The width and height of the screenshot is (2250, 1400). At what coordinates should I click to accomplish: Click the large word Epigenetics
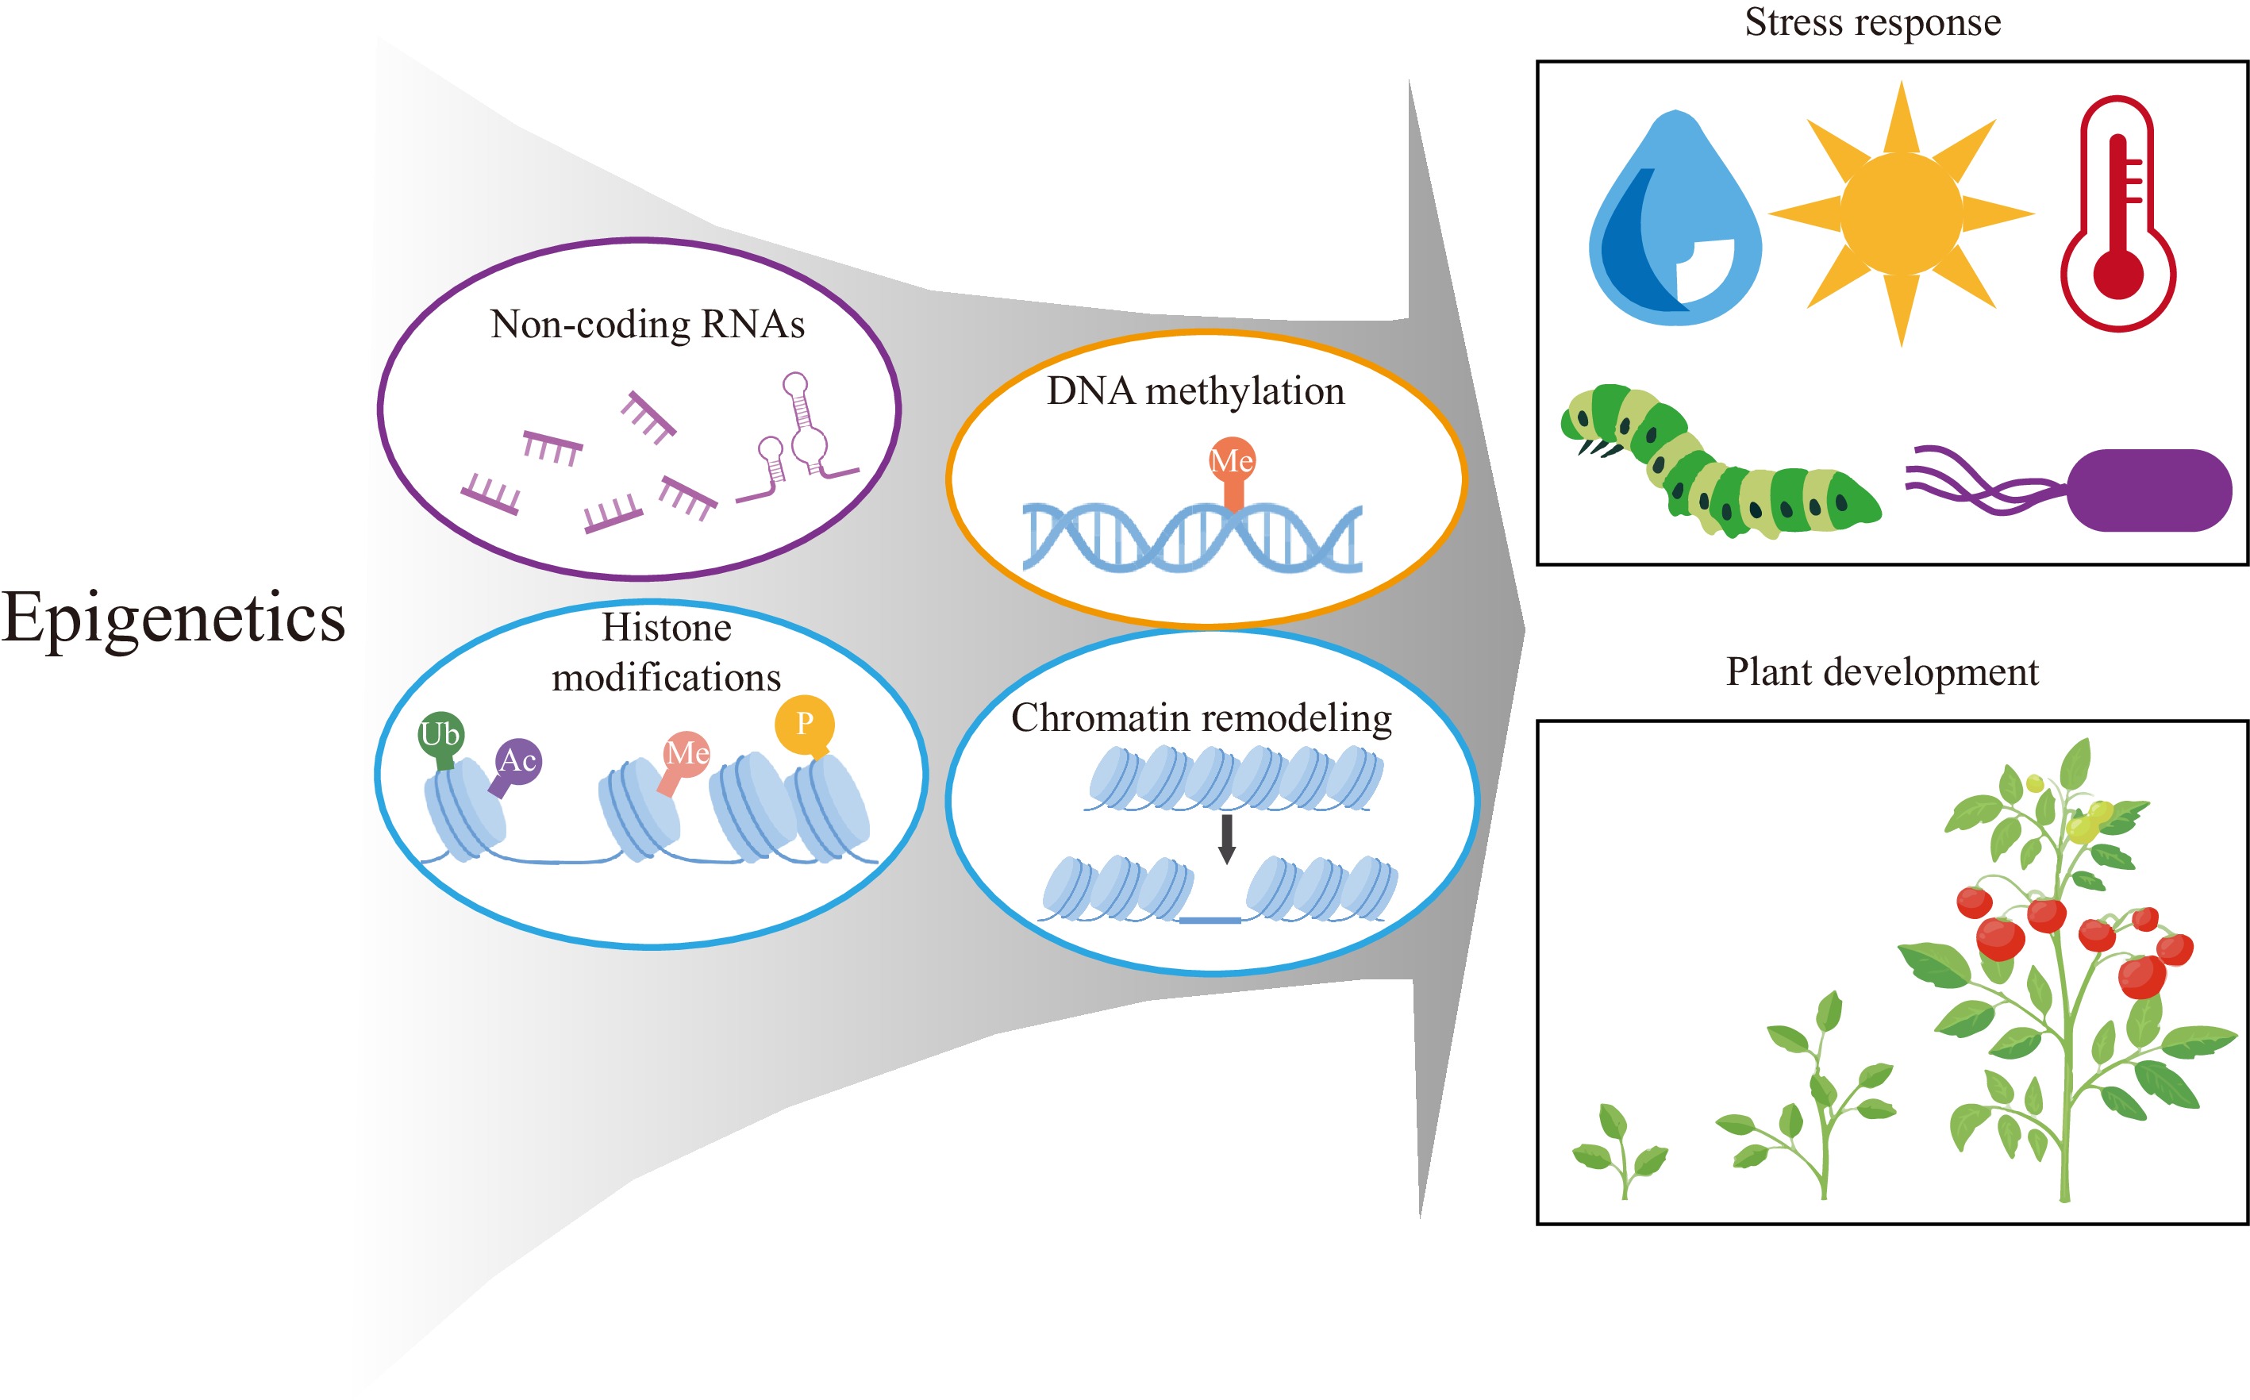click(173, 618)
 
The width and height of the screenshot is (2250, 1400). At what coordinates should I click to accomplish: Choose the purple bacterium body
click(2148, 490)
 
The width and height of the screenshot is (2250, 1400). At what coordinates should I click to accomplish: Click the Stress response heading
click(1872, 22)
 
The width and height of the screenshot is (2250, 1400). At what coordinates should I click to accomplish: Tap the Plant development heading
click(1882, 672)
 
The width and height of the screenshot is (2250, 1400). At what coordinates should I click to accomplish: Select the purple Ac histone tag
click(517, 761)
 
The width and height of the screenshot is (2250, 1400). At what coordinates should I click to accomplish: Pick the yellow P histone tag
click(804, 723)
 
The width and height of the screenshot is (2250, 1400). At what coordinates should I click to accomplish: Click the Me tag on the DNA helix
click(1232, 461)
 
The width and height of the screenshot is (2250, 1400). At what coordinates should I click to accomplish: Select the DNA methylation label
click(1195, 392)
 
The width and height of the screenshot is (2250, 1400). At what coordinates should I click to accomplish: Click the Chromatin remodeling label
click(1201, 718)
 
